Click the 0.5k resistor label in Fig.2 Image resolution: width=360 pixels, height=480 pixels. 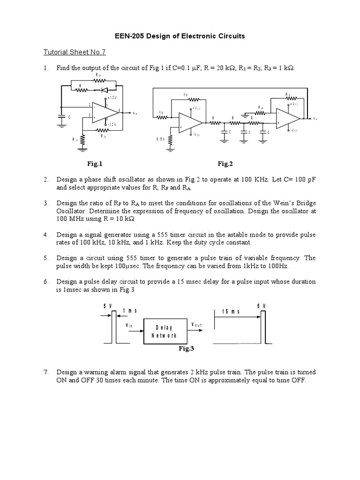point(160,139)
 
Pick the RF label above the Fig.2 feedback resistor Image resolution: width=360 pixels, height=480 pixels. point(288,94)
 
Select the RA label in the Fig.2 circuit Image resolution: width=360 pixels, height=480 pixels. point(261,107)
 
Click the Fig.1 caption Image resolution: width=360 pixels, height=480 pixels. point(94,164)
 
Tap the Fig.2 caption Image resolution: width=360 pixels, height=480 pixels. point(225,164)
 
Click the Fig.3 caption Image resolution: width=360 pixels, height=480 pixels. point(186,348)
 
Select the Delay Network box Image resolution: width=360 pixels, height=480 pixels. point(164,331)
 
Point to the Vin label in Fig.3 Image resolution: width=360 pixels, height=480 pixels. point(130,324)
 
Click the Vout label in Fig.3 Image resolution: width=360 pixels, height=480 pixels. point(196,324)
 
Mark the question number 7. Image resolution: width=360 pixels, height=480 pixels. point(46,372)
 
